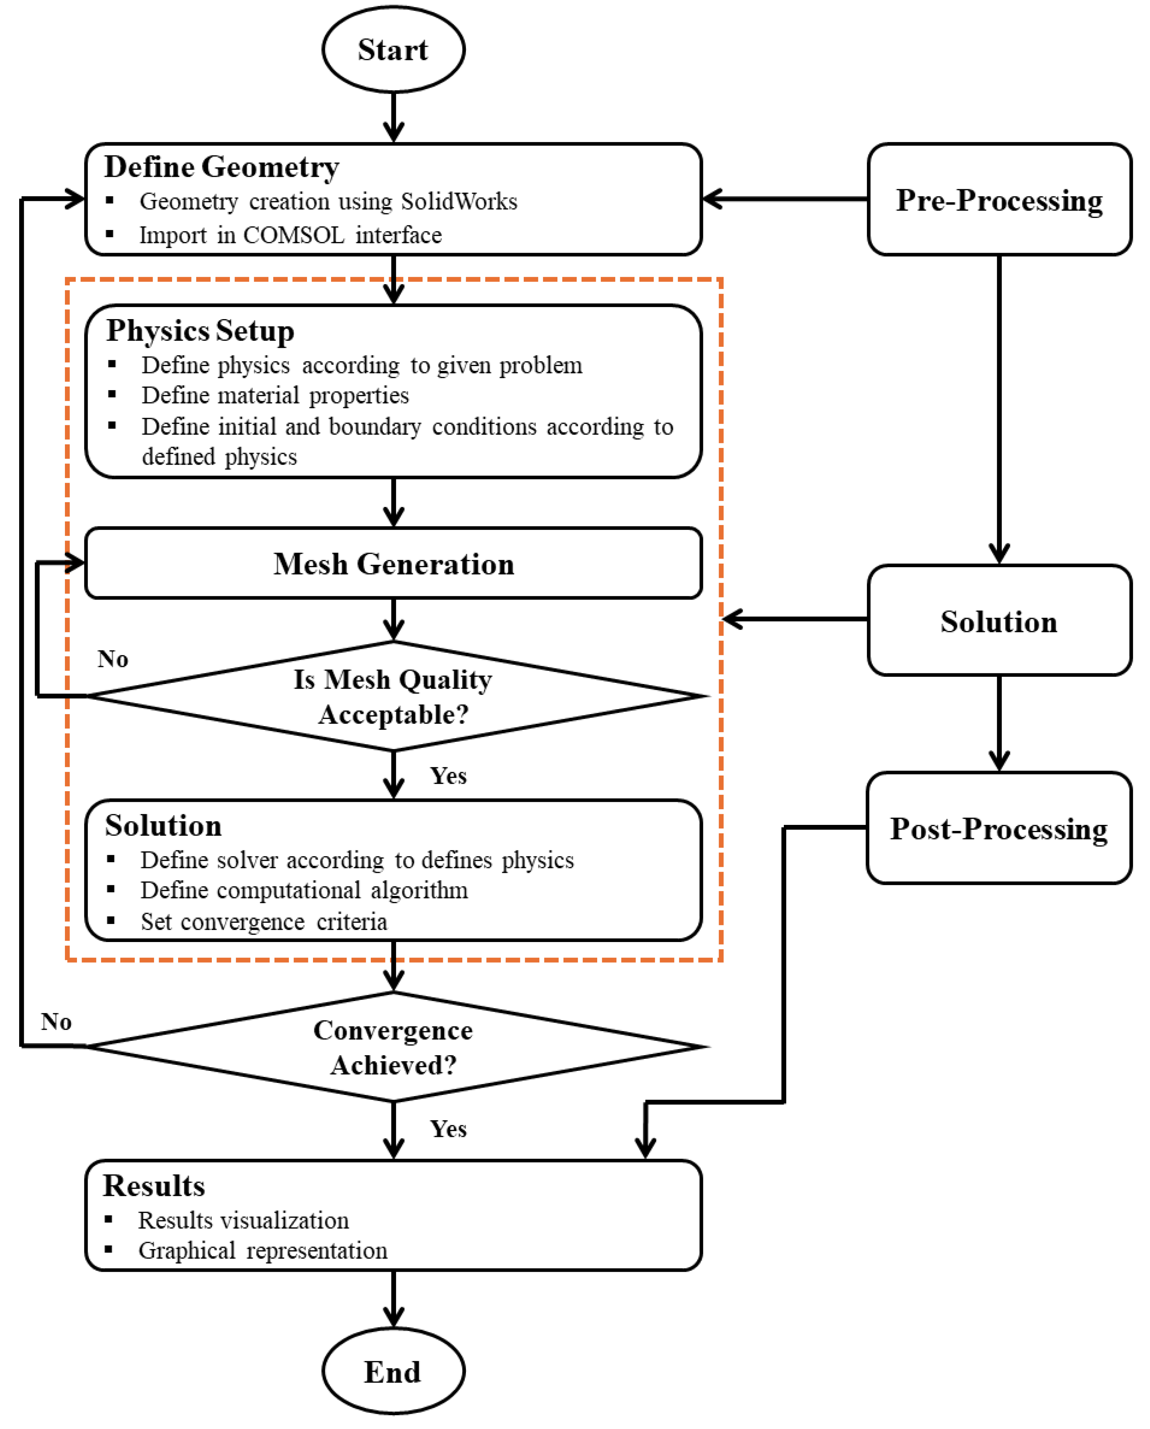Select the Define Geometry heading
point(221,166)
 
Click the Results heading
point(154,1186)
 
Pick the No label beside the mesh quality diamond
point(112,659)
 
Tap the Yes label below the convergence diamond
point(449,1129)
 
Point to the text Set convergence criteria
point(264,922)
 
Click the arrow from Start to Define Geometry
point(394,118)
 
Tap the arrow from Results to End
point(394,1299)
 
